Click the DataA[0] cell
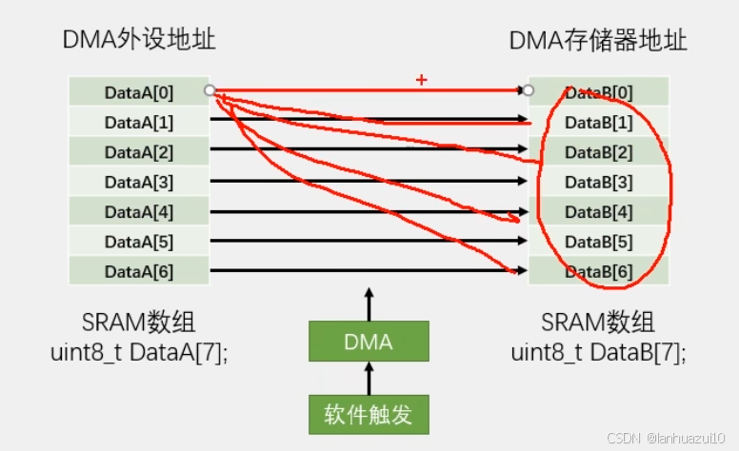coord(139,92)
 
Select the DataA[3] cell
coord(139,182)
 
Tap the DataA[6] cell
coord(139,271)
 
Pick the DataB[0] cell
coord(599,92)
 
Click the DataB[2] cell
coord(599,152)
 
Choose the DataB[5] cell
coord(599,242)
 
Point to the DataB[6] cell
coord(599,271)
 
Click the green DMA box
coord(369,342)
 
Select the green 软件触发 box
coord(369,415)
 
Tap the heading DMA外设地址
coord(139,41)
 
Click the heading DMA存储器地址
coord(598,41)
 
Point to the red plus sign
coord(421,81)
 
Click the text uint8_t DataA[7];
coord(139,352)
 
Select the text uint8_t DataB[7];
coord(598,352)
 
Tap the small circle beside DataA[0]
coord(210,91)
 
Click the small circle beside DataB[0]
coord(529,91)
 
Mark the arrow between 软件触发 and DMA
coord(369,379)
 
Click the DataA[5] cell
coord(139,242)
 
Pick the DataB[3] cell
coord(599,182)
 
